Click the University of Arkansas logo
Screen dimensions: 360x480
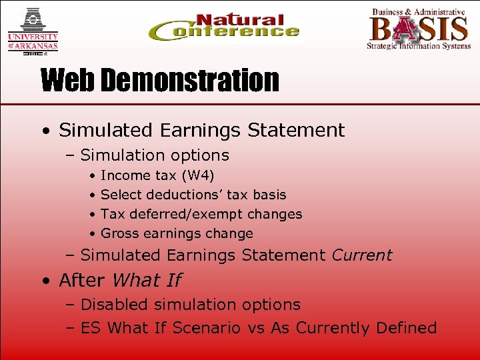(32, 31)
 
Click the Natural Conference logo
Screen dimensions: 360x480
(224, 28)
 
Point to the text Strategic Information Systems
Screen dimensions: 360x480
(418, 47)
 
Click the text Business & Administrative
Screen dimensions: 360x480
(418, 11)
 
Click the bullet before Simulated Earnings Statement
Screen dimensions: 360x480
(44, 131)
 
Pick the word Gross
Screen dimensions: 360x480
(119, 233)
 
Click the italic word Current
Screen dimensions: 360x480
(361, 255)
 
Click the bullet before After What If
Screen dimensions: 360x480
(44, 281)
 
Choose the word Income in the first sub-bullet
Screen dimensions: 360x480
(125, 175)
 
